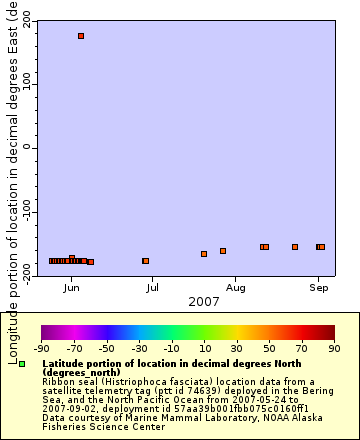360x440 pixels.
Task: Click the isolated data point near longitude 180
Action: click(x=81, y=36)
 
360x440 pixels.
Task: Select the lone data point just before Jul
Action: click(x=146, y=261)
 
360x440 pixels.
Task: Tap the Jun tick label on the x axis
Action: click(x=71, y=288)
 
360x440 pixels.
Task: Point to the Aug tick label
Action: click(x=236, y=288)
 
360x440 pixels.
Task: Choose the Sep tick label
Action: click(x=318, y=288)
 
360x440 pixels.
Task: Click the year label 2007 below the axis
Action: click(x=204, y=301)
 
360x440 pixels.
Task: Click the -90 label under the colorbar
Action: click(x=42, y=348)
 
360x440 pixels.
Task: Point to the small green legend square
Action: click(x=22, y=364)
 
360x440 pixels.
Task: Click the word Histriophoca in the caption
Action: click(x=134, y=381)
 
